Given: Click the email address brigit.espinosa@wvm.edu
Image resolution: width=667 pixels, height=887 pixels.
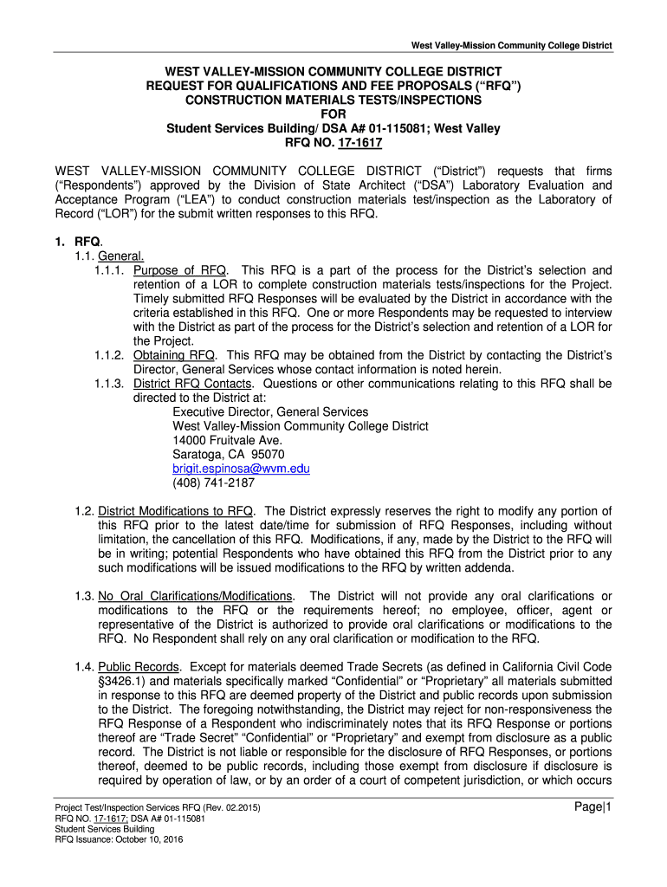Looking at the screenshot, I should [x=241, y=469].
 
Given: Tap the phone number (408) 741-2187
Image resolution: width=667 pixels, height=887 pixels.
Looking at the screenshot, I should [x=213, y=483].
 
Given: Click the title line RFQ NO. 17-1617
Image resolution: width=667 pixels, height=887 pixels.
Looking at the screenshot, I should [x=333, y=143].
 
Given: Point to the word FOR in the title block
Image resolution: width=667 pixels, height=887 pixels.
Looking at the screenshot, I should [x=333, y=113].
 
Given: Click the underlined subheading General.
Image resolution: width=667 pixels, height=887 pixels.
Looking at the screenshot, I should [x=121, y=256].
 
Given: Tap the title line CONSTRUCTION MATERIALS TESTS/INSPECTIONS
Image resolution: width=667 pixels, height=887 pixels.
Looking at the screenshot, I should [x=333, y=100].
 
